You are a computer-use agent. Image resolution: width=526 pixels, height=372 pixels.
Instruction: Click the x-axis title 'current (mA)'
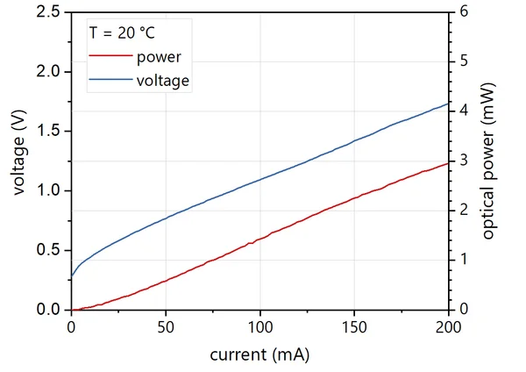259,355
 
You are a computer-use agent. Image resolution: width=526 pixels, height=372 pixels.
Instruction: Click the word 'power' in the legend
159,58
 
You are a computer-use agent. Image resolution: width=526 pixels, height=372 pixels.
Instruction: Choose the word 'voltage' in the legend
163,81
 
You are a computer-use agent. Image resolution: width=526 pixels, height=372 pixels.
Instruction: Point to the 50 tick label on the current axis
166,327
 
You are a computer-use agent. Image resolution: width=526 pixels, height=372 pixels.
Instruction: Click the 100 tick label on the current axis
259,327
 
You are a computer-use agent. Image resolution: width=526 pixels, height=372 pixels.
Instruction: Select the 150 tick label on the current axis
354,327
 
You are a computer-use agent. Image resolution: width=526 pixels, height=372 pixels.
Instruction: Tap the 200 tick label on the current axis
448,327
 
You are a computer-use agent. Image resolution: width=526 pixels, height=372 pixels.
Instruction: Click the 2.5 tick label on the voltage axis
48,11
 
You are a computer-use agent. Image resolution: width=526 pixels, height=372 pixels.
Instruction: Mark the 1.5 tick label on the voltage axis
48,131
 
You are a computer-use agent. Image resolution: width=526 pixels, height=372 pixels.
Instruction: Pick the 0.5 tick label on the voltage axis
48,250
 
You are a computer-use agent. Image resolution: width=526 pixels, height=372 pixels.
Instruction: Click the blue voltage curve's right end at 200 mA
448,103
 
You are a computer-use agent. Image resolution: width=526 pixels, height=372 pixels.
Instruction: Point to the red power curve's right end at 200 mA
448,163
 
